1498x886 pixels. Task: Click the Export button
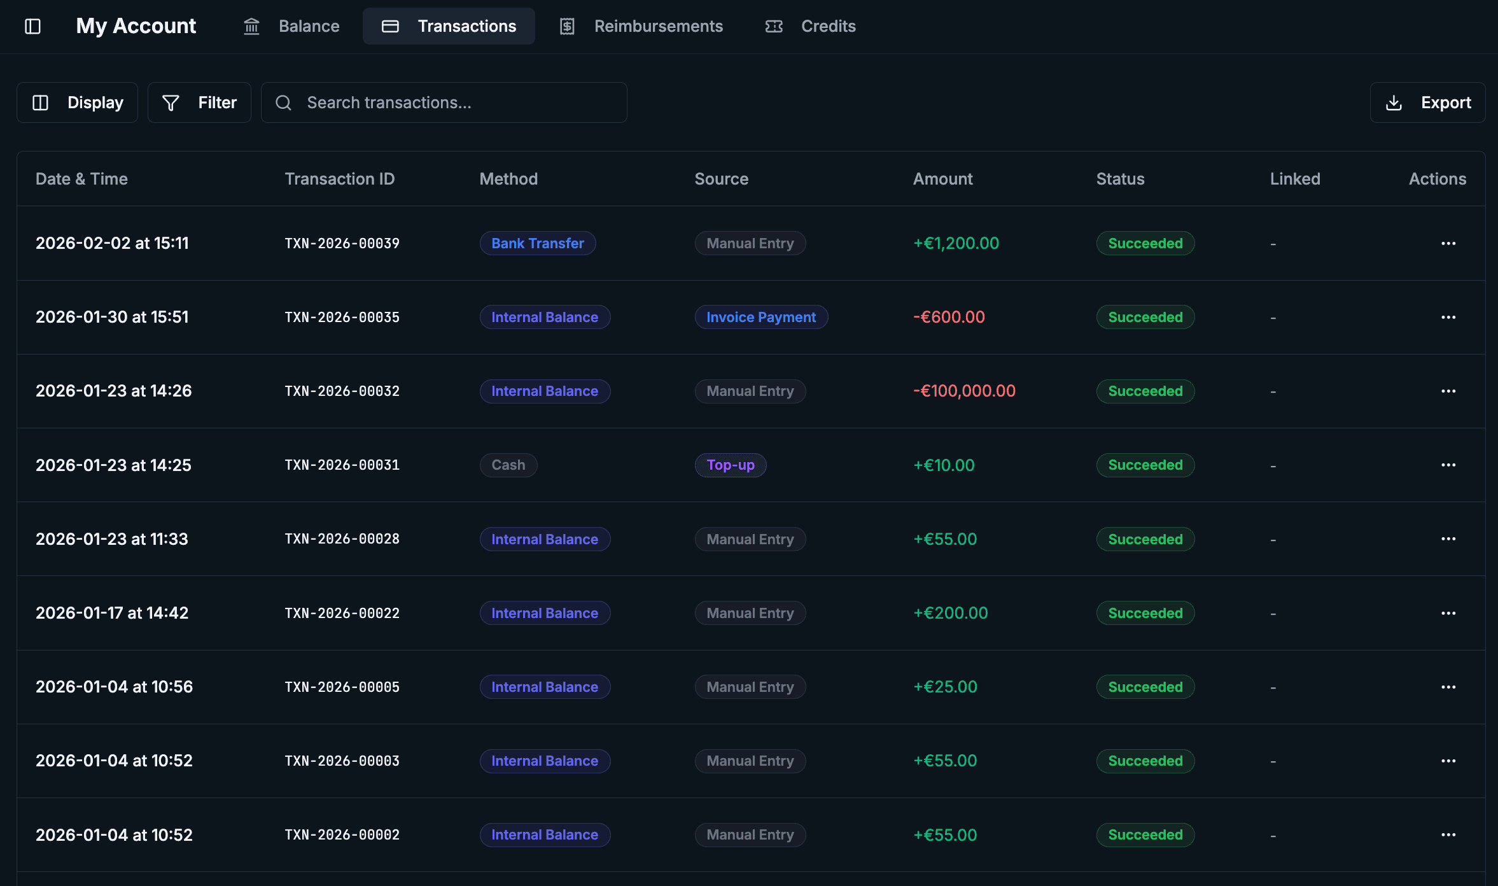[x=1427, y=102]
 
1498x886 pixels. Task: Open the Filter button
[x=199, y=102]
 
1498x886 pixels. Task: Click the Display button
[x=77, y=102]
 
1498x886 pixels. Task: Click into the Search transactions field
[x=452, y=102]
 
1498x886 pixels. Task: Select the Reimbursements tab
[x=641, y=26]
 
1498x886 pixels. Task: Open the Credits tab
[x=811, y=26]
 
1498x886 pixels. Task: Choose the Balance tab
[x=291, y=26]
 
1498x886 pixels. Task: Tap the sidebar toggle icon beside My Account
[x=32, y=26]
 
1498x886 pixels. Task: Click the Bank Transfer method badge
[x=537, y=243]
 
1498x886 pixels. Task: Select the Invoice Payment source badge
[x=760, y=317]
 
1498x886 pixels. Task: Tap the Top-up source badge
[x=730, y=465]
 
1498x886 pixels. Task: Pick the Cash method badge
[x=508, y=465]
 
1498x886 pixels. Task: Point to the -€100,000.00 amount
[x=964, y=391]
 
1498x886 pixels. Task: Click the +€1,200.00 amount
[x=956, y=243]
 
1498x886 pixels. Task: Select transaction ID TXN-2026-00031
[x=342, y=465]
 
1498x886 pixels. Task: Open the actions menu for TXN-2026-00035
[x=1448, y=317]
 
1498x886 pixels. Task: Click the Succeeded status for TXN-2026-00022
[x=1145, y=613]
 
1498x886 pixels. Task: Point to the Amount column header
[x=942, y=179]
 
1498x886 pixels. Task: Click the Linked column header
[x=1295, y=179]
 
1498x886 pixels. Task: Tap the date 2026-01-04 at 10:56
[x=114, y=687]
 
